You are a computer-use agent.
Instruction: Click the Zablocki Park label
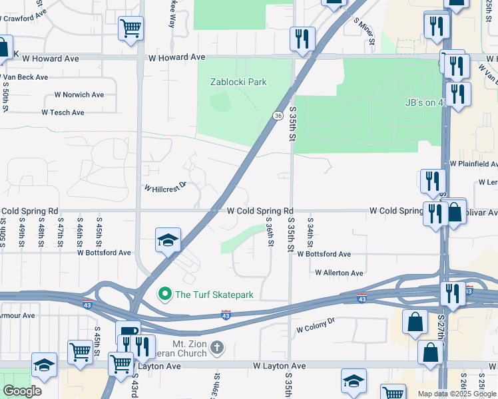click(x=238, y=82)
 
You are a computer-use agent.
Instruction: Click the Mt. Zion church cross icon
click(x=217, y=346)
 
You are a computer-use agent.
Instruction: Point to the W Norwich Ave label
click(x=79, y=94)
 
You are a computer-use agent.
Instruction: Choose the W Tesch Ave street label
click(x=63, y=112)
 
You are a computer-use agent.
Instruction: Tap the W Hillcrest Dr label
click(x=165, y=188)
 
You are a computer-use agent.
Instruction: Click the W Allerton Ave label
click(x=339, y=273)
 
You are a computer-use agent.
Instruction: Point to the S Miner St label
click(x=365, y=28)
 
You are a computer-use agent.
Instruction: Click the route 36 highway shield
click(x=276, y=116)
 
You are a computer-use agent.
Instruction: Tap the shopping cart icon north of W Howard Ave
click(x=131, y=29)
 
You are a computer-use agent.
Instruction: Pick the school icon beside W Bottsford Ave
click(x=168, y=239)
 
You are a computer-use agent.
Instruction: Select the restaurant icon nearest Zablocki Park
click(x=302, y=39)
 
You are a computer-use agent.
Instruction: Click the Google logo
click(x=22, y=390)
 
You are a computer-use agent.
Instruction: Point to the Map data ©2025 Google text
click(x=457, y=393)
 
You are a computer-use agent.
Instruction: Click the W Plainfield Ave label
click(x=473, y=164)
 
